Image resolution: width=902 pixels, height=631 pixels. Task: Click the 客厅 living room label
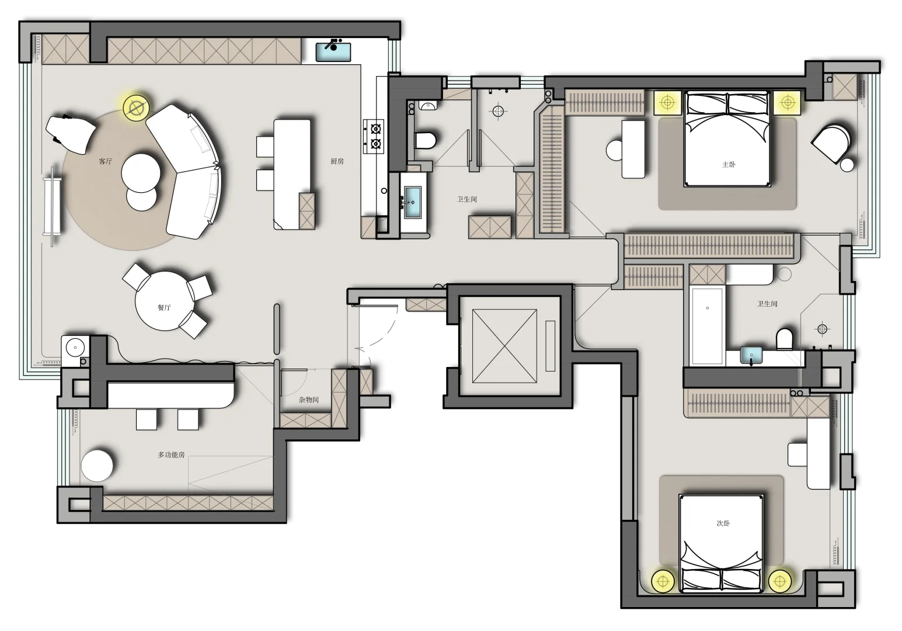pos(106,162)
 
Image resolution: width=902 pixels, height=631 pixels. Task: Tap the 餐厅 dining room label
pos(164,308)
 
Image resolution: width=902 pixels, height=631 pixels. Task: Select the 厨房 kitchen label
pos(337,162)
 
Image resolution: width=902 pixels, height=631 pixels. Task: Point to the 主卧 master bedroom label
pos(729,165)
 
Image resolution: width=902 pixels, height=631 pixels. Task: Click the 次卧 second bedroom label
pos(723,523)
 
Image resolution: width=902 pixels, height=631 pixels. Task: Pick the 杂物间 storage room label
pos(309,400)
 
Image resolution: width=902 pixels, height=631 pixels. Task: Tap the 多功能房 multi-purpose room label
pos(171,455)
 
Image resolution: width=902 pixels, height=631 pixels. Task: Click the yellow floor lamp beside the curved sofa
pos(135,108)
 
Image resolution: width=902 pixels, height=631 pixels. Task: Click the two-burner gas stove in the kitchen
pos(374,136)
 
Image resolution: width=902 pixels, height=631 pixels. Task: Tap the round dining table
pos(164,301)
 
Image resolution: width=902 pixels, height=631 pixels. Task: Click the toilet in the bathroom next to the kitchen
pos(425,140)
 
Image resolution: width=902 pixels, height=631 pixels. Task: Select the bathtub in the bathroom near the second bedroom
pos(708,326)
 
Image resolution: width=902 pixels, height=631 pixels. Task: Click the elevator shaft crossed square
pos(504,346)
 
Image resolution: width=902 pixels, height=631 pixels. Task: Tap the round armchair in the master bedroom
pos(832,144)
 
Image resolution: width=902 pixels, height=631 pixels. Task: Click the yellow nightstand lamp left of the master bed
pos(667,102)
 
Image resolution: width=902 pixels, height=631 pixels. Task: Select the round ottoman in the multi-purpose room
pos(97,466)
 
